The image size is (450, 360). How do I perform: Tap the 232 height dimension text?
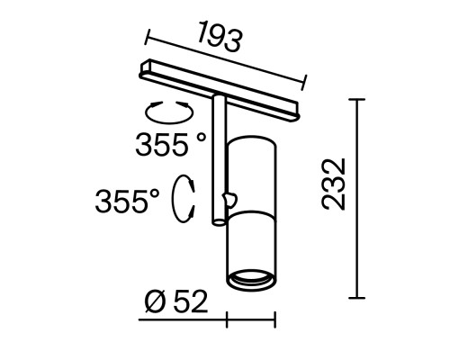coord(334,185)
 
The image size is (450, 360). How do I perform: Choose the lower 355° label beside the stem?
coord(130,199)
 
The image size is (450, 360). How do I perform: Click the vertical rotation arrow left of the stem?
coord(186,196)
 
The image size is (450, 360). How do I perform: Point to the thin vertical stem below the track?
coord(216,162)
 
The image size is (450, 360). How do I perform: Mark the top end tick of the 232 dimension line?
coord(362,98)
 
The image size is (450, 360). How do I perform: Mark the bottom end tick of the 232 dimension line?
coord(362,298)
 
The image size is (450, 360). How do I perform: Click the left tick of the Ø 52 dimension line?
coord(227,319)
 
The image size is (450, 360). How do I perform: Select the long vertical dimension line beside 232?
coord(362,198)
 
